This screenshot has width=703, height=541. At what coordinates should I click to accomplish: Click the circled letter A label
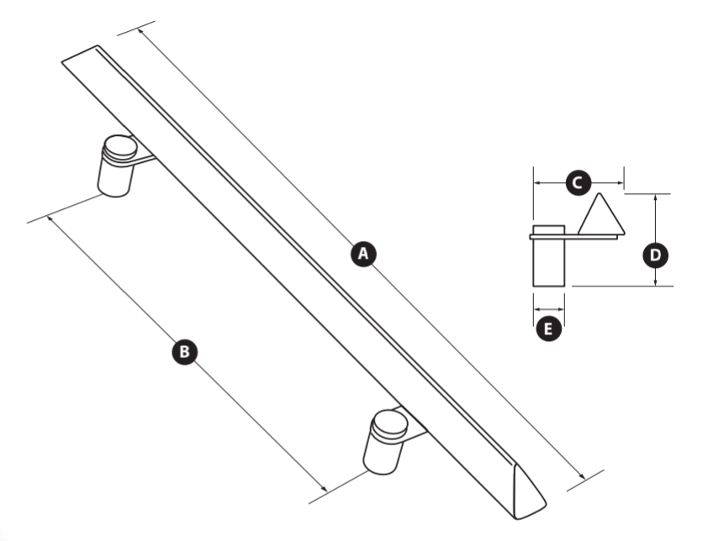363,254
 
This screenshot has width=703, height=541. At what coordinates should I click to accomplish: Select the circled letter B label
184,351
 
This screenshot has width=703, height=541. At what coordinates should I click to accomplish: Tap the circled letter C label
579,183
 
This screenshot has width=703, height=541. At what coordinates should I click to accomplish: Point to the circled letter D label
655,255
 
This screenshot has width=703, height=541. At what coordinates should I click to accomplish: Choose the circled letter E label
549,328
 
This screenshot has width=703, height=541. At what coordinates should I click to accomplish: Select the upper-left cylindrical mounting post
117,166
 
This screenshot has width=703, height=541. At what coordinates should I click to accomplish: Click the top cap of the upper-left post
120,147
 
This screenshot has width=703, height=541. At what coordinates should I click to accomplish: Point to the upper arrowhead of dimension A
140,31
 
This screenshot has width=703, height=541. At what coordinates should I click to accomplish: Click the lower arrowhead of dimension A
582,476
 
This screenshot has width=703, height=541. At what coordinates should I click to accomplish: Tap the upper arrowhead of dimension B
50,218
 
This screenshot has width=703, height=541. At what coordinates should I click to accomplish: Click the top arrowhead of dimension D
655,197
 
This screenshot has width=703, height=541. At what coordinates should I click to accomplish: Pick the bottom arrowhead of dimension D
655,281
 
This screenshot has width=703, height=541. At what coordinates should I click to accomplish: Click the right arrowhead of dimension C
620,183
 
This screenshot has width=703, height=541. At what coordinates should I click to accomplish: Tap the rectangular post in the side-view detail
548,255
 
